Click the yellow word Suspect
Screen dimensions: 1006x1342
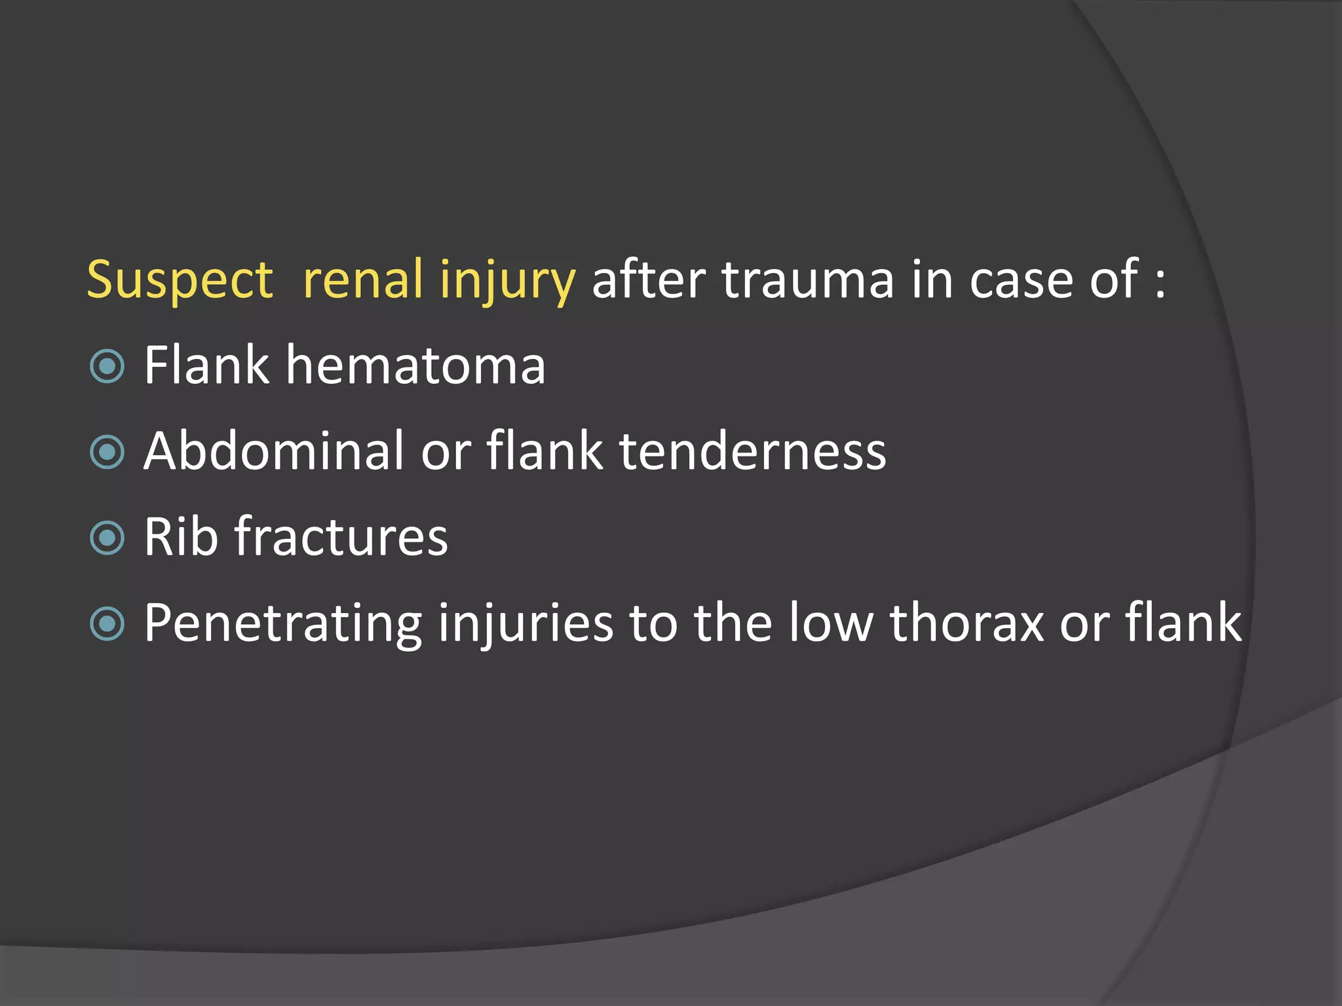coord(180,280)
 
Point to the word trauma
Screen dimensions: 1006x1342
coord(807,280)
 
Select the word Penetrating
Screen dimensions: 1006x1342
coord(282,623)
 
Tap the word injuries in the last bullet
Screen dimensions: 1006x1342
coord(526,623)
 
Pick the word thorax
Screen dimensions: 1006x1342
coord(967,623)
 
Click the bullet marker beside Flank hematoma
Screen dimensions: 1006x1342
coord(107,366)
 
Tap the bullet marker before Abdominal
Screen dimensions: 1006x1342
coord(107,452)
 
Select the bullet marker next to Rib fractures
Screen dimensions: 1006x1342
coord(107,538)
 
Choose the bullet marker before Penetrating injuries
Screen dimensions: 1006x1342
coord(107,624)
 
